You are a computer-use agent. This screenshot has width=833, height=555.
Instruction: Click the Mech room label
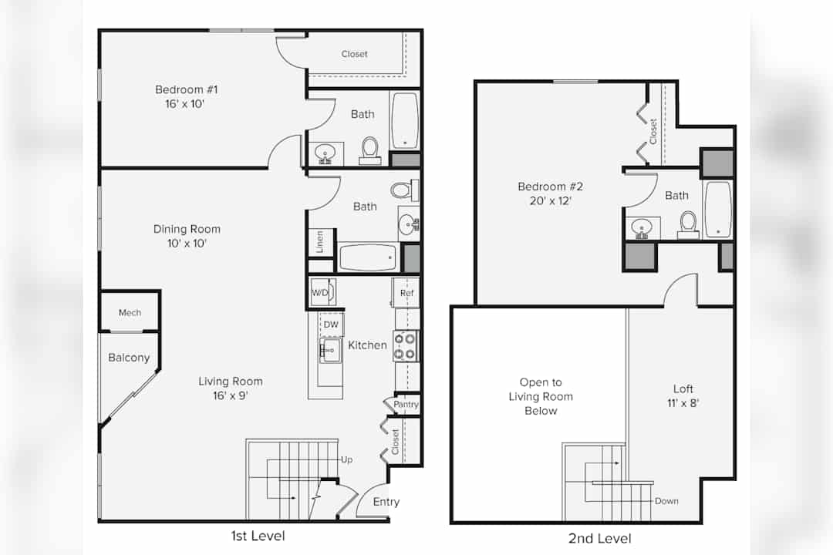pyautogui.click(x=130, y=313)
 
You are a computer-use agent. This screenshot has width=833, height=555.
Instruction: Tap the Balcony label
pyautogui.click(x=129, y=358)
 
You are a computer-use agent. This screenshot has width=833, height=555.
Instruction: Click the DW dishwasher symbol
pyautogui.click(x=331, y=325)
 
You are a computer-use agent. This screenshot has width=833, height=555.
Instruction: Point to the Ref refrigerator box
pyautogui.click(x=406, y=293)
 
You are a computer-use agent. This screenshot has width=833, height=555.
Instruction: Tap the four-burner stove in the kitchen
pyautogui.click(x=406, y=346)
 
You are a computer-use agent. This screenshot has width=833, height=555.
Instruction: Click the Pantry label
pyautogui.click(x=406, y=404)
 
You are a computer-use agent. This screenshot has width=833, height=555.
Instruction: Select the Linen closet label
pyautogui.click(x=320, y=242)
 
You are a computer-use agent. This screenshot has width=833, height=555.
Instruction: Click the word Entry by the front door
pyautogui.click(x=386, y=502)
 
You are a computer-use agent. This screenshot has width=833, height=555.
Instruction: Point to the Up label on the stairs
pyautogui.click(x=346, y=459)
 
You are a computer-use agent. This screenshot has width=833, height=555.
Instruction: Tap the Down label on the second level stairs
pyautogui.click(x=666, y=501)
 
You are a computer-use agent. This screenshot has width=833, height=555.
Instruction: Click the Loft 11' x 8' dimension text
pyautogui.click(x=683, y=403)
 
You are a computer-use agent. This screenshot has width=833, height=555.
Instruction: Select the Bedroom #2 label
pyautogui.click(x=551, y=187)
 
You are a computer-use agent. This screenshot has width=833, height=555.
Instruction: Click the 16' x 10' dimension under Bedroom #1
pyautogui.click(x=185, y=103)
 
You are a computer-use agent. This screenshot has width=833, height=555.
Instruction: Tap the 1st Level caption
pyautogui.click(x=258, y=536)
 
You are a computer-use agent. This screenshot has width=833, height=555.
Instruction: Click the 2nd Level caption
pyautogui.click(x=600, y=539)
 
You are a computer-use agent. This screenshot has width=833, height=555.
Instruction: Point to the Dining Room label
pyautogui.click(x=187, y=229)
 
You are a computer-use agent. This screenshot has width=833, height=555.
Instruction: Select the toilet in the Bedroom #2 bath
pyautogui.click(x=689, y=225)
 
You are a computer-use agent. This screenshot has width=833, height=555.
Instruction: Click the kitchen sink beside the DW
pyautogui.click(x=329, y=351)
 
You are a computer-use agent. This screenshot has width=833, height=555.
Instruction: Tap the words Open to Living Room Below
pyautogui.click(x=541, y=396)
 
